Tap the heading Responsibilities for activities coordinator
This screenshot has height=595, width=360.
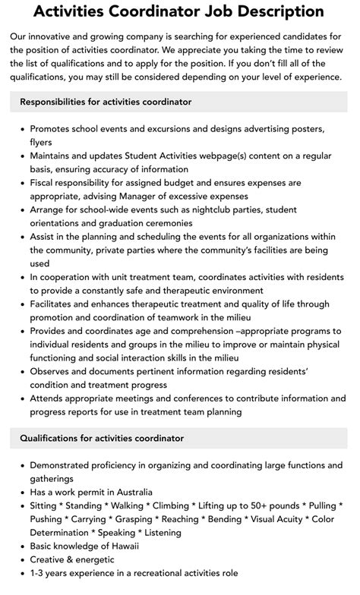point(106,102)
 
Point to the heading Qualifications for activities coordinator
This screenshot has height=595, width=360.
point(102,438)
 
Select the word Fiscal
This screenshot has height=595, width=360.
point(44,183)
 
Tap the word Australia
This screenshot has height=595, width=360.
point(129,492)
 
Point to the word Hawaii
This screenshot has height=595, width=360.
point(125,546)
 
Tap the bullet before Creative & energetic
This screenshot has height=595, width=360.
point(21,559)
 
